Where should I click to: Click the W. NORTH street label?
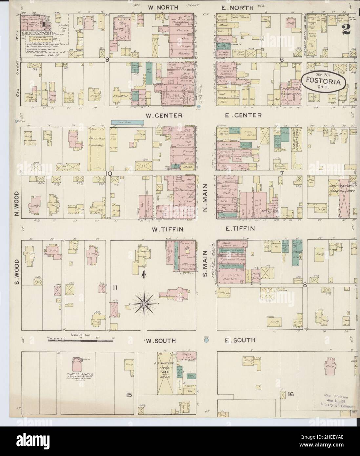coord(163,7)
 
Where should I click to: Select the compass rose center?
coord(144,304)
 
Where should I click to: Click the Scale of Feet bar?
coord(81,341)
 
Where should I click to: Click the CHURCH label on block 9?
coord(121,97)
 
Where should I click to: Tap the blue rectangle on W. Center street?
coord(128,122)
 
